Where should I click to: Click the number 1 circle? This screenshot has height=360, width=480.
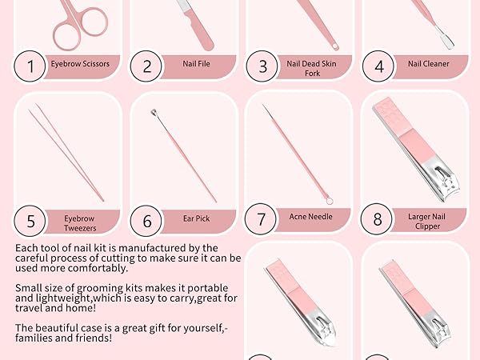(x=31, y=66)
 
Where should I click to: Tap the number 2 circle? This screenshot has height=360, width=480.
(x=147, y=66)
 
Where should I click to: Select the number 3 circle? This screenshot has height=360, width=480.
(x=262, y=66)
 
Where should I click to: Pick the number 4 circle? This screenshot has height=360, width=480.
(x=378, y=66)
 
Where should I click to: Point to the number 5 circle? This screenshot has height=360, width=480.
(x=31, y=219)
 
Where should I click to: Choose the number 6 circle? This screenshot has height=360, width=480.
(x=147, y=219)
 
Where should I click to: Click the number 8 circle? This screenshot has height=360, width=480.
(x=378, y=218)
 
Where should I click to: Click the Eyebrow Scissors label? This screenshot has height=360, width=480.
(x=80, y=63)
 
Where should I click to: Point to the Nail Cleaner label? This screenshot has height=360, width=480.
(x=428, y=63)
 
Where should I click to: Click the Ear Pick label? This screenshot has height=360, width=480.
(x=196, y=217)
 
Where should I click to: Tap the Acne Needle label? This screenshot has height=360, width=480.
(x=311, y=216)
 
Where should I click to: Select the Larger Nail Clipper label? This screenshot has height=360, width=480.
(x=428, y=219)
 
